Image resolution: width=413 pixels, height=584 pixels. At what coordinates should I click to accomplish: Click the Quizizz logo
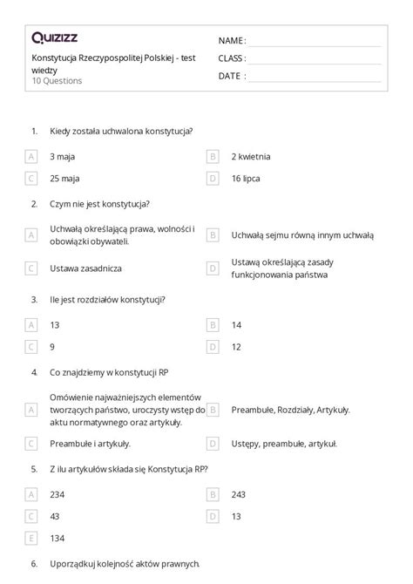[53, 37]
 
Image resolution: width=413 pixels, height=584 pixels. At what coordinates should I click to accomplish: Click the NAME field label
[231, 41]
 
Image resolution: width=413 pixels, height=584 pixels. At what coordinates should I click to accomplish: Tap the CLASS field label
[232, 58]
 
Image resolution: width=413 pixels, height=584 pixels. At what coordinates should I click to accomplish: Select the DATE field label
[230, 76]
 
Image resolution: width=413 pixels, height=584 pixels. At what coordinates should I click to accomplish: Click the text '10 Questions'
[57, 81]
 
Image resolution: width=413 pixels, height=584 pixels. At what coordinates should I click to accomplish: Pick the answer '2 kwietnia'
[251, 157]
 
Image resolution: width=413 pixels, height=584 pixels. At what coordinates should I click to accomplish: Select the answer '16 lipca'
[247, 179]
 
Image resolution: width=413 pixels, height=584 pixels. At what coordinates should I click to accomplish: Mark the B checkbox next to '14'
[212, 324]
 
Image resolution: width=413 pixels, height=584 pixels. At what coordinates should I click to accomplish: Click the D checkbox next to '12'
[212, 346]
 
